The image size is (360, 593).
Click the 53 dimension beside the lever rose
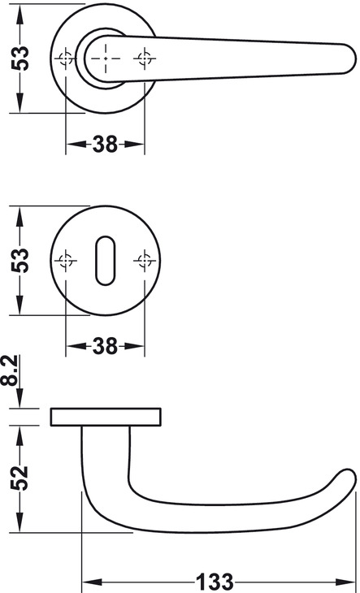coord(20,58)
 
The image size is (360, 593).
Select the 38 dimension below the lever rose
coord(105,144)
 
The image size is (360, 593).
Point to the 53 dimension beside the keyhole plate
coord(20,260)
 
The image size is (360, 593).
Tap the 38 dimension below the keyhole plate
coord(105,346)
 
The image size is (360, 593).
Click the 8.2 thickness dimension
coord(10,370)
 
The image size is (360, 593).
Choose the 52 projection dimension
coord(20,478)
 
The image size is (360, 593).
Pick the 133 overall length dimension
coord(214,582)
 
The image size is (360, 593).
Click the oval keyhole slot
coord(105,261)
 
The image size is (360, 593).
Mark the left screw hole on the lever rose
coord(66,58)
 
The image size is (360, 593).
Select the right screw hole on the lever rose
coord(145,58)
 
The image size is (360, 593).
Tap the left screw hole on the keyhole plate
coord(66,261)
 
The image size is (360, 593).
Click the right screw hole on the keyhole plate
coord(145,261)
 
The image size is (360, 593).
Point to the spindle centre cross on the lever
coord(106,58)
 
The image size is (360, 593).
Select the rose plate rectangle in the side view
coord(106,417)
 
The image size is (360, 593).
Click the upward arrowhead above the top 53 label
coord(20,14)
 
